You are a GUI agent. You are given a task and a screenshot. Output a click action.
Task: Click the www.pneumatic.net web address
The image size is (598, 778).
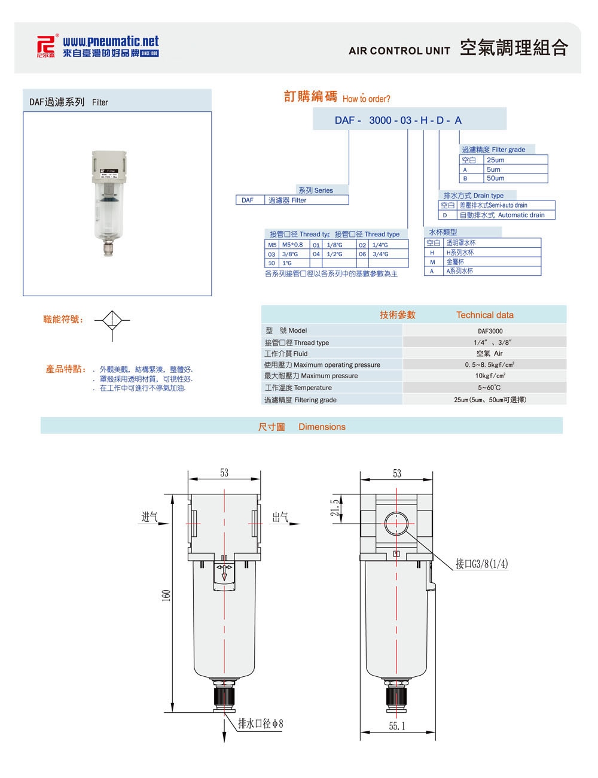coord(111,41)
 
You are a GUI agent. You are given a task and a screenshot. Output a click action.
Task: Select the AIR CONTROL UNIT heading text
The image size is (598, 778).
coord(399,51)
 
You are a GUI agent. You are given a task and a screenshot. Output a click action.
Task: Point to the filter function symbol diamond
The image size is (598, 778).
coord(112,320)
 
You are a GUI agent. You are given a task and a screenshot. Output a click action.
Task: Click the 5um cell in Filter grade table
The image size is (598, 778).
coord(493,169)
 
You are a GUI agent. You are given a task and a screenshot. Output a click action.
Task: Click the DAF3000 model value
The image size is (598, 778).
coord(490,331)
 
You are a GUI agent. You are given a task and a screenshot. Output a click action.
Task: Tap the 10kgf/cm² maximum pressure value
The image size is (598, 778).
coord(490,376)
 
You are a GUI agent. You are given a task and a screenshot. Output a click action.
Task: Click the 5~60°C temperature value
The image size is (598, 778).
coord(490,388)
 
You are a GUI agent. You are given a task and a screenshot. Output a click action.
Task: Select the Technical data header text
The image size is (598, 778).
coord(484,315)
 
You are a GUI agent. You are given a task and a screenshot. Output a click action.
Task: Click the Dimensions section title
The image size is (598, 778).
coord(322,427)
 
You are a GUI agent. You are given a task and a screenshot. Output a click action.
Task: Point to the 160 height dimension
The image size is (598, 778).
coord(167,596)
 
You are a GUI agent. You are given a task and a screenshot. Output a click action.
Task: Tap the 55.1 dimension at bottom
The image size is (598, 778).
coord(396,726)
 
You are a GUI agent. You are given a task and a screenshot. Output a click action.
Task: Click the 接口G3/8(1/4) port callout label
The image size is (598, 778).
coord(482,564)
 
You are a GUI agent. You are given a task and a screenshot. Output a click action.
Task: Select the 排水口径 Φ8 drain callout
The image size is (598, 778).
coord(261,724)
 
